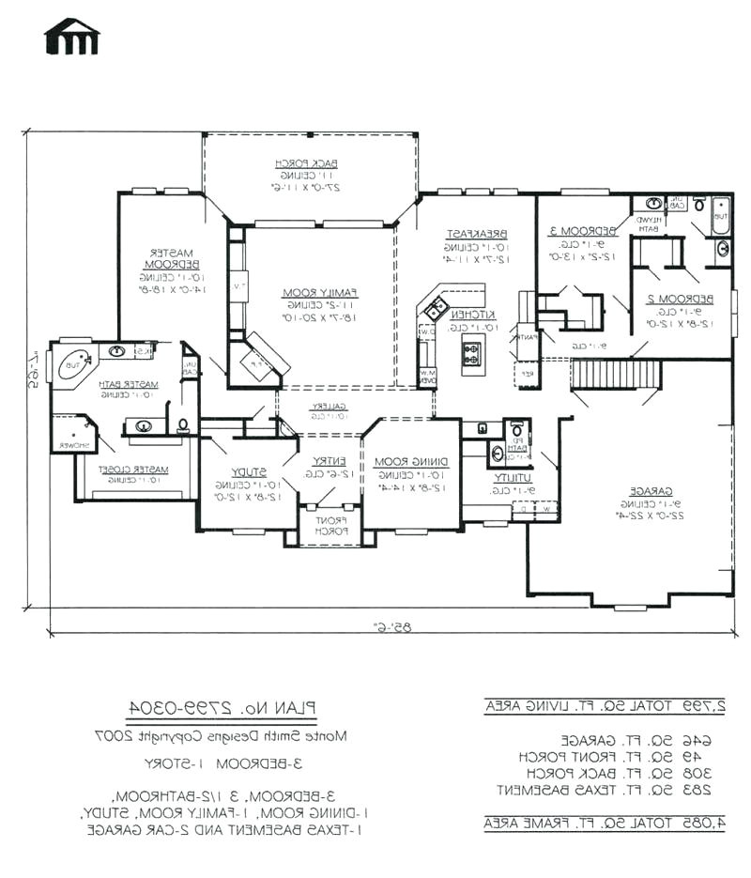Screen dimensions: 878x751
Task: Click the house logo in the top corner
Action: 71,37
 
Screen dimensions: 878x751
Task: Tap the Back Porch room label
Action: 306,163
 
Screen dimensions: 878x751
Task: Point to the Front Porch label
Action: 330,525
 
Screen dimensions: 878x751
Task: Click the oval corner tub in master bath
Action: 75,362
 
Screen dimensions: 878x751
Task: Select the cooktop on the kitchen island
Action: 471,354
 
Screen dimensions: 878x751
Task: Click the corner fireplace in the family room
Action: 257,359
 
